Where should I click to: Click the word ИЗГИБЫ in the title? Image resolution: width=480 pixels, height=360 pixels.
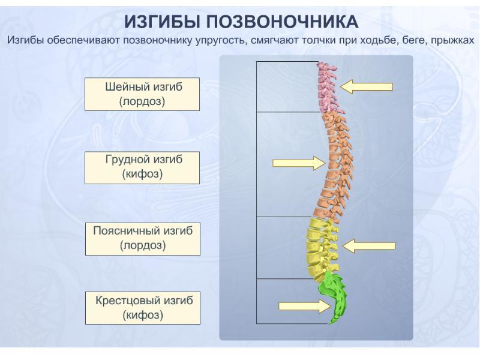tap(161, 22)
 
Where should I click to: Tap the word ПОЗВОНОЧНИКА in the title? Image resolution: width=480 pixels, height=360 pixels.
tap(282, 22)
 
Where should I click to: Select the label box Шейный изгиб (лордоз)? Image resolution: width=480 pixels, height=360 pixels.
tap(142, 94)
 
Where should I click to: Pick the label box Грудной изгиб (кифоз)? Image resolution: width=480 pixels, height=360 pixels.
tap(142, 167)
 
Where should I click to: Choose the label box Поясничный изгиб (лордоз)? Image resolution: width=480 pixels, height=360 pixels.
tap(143, 239)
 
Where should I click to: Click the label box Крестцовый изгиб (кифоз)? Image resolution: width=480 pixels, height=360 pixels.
tap(143, 308)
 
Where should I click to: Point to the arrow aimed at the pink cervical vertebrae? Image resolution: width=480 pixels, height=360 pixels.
tap(367, 86)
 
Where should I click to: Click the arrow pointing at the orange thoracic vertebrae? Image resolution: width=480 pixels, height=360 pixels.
tap(299, 163)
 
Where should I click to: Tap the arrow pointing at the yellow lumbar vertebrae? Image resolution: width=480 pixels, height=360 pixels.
tap(369, 246)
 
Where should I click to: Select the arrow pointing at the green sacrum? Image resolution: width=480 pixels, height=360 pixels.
tap(305, 306)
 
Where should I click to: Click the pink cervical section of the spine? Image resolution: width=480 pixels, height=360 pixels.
tap(328, 87)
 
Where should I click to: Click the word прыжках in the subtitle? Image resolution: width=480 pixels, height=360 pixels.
tap(452, 40)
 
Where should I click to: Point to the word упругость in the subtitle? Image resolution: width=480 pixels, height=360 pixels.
tap(220, 40)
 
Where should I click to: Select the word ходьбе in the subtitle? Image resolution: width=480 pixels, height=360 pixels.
tap(377, 40)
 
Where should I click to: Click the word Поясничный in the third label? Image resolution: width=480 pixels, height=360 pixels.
tap(127, 230)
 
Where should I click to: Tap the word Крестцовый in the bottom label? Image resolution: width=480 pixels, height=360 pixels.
tap(128, 301)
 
